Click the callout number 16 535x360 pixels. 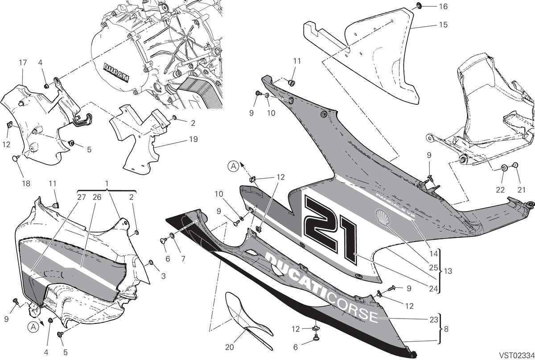tap(443, 6)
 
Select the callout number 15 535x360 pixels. tap(443, 25)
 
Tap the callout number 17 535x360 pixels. tap(23, 62)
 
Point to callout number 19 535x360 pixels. tap(193, 139)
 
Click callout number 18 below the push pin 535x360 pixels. tap(26, 183)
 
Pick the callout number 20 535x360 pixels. tap(230, 347)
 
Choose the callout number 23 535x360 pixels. tap(434, 319)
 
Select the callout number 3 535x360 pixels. tap(163, 276)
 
